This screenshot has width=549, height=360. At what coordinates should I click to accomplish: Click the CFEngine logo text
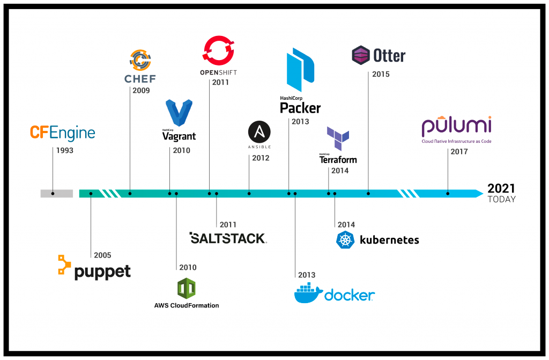tap(62, 133)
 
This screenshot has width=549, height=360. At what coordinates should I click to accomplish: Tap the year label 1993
tap(64, 151)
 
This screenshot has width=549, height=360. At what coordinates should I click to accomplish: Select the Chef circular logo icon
tap(139, 60)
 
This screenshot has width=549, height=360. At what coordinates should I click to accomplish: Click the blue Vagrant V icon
tap(179, 113)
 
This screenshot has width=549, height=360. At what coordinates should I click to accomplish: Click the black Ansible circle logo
tap(259, 131)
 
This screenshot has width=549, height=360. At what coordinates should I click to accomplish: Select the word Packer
tap(300, 108)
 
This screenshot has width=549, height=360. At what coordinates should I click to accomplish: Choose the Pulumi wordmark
tap(456, 126)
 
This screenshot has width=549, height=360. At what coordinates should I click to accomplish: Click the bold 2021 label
tap(501, 188)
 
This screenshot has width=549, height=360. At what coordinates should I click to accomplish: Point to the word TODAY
tap(501, 200)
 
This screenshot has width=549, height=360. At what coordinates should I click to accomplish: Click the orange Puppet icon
tap(64, 265)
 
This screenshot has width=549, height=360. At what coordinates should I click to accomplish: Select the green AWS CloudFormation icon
tap(186, 289)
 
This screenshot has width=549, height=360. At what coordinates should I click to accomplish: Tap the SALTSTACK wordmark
tap(228, 238)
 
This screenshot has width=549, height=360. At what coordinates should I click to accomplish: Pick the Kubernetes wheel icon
tap(345, 240)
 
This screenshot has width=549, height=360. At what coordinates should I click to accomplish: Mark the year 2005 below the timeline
tap(102, 255)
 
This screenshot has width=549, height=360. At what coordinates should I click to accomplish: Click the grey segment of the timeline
tap(56, 193)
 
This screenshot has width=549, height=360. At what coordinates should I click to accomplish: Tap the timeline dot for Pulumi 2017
tap(448, 193)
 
